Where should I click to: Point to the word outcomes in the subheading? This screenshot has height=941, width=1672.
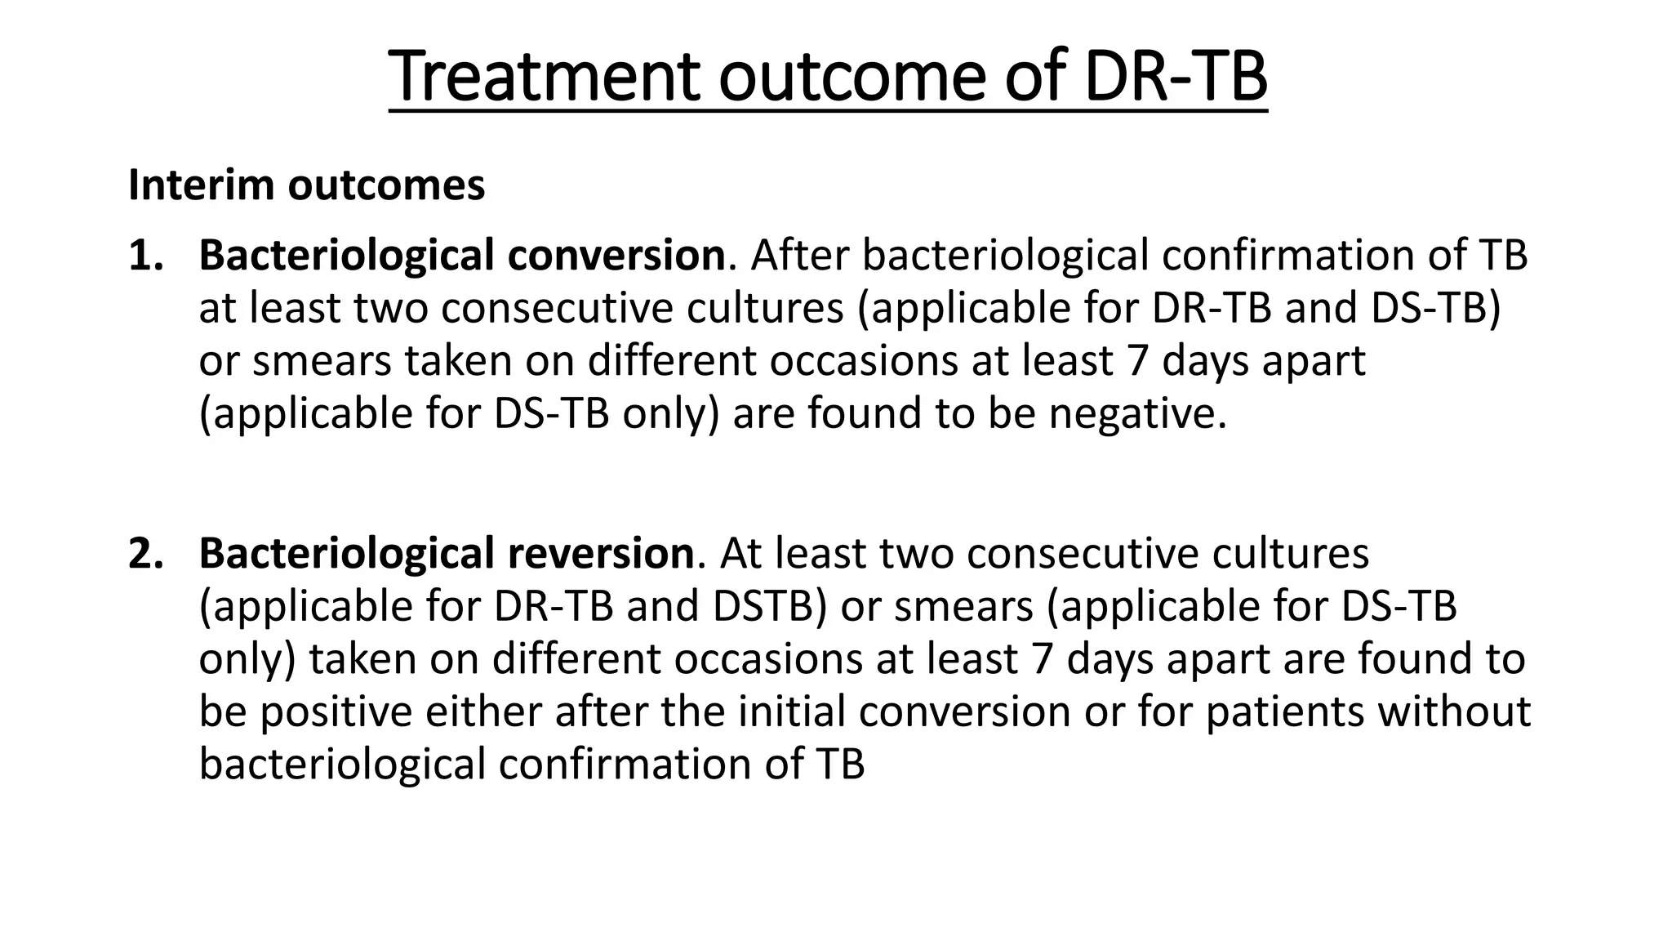tap(386, 185)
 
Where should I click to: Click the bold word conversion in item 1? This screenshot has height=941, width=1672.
tap(616, 255)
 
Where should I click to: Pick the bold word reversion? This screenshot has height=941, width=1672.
tap(600, 553)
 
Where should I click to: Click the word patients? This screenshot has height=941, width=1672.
tap(1284, 711)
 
